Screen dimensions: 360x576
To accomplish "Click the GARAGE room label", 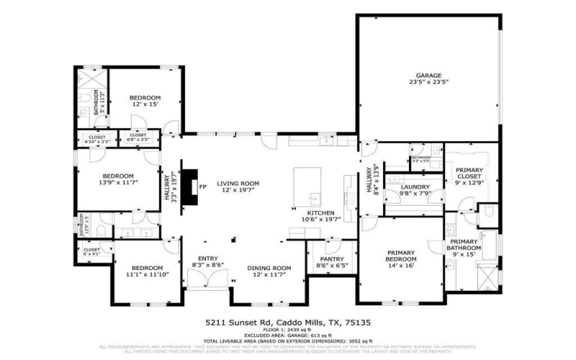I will click(x=428, y=75).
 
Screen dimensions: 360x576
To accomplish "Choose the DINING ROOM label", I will click(x=269, y=268).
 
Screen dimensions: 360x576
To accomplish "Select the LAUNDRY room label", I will click(x=415, y=186).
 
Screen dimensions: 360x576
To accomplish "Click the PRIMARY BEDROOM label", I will click(x=402, y=253).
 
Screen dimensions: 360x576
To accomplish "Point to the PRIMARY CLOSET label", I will click(x=469, y=171).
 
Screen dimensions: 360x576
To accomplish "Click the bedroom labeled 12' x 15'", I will click(x=145, y=97).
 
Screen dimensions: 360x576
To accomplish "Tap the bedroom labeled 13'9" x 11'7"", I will click(x=117, y=176).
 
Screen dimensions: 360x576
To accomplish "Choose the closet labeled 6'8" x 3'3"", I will click(x=138, y=135).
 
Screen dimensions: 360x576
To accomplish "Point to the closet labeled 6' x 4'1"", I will click(x=91, y=250).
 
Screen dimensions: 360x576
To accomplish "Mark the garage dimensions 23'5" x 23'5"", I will click(x=428, y=82).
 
